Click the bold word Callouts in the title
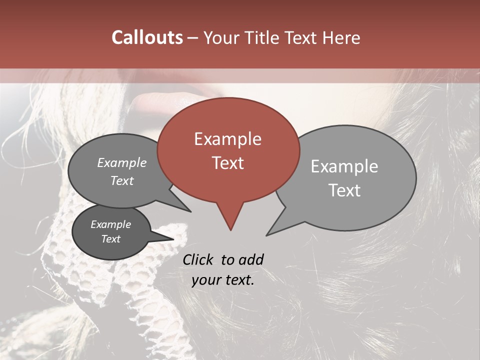click(147, 37)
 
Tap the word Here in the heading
click(340, 37)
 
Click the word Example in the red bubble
click(227, 139)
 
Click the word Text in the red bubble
click(227, 163)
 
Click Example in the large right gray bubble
click(344, 166)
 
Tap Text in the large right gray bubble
click(344, 190)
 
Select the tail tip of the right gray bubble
click(267, 235)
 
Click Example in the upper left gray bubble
click(122, 163)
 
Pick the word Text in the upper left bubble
click(122, 180)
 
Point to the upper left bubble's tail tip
click(190, 211)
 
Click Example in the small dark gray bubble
click(110, 224)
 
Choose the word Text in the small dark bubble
click(110, 239)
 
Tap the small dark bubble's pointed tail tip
click(174, 238)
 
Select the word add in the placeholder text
click(251, 259)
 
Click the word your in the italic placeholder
click(205, 280)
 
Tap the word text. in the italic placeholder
click(239, 280)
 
